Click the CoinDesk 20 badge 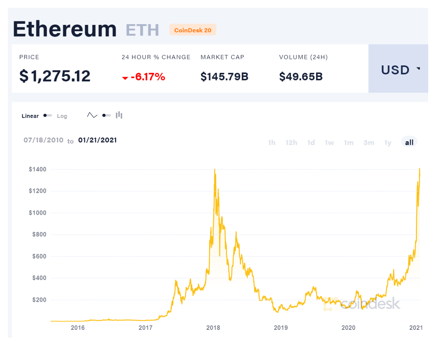pos(193,30)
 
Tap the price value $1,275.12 pos(55,76)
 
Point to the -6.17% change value pos(147,77)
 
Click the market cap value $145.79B pos(224,77)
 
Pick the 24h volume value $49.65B pos(301,77)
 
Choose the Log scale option pos(62,116)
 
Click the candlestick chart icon pos(119,115)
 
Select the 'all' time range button pos(409,143)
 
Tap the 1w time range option pos(329,143)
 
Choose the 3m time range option pos(369,143)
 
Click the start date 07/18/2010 pos(43,140)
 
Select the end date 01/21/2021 pos(97,140)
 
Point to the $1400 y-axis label pos(37,169)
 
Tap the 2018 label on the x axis pos(213,328)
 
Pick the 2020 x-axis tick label pos(348,328)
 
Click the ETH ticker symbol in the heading pos(142,30)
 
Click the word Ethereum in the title pos(65,29)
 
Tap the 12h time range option pos(291,143)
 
